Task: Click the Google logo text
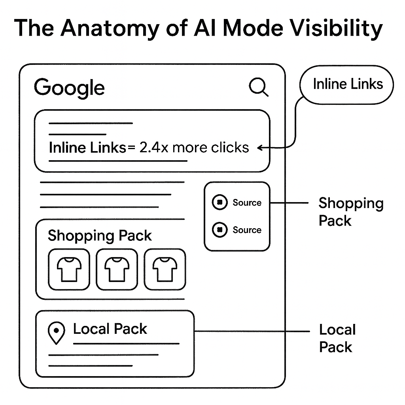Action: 69,87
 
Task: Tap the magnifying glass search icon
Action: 259,87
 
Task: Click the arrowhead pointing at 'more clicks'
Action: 260,148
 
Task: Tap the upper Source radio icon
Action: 220,202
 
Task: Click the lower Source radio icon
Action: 220,230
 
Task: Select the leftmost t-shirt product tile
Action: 69,269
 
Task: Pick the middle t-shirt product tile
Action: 117,269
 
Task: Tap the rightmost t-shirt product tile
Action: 165,269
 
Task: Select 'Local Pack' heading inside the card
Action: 110,329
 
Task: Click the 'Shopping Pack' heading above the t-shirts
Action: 100,236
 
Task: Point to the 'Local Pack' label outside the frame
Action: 337,338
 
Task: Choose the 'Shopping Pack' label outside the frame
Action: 351,212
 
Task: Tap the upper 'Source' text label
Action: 247,202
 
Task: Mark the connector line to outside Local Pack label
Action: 253,331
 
